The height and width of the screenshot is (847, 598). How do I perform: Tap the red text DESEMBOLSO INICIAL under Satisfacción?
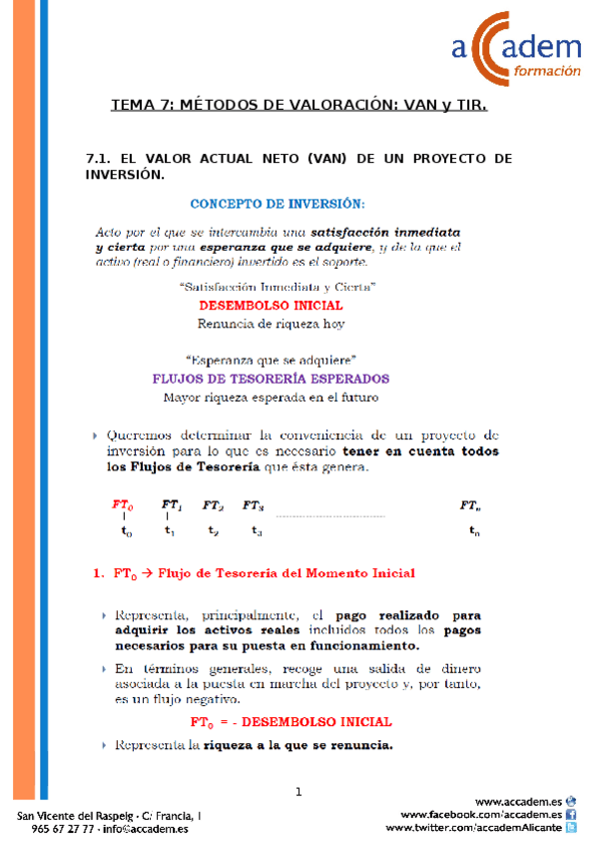[x=272, y=306]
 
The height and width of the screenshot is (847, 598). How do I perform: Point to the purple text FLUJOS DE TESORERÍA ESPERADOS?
[x=270, y=380]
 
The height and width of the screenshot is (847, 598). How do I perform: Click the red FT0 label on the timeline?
[x=123, y=506]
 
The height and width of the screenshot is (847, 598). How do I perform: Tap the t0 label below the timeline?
[x=126, y=532]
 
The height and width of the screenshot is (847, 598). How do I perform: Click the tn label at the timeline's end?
[x=474, y=532]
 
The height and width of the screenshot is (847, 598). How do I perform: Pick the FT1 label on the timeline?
[x=171, y=506]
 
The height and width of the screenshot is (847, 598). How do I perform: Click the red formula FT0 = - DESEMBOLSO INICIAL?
[x=291, y=722]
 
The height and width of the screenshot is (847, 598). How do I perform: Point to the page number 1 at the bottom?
[x=299, y=793]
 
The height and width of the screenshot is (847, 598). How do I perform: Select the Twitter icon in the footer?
[x=571, y=828]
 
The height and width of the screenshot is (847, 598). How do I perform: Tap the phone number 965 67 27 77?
[x=63, y=829]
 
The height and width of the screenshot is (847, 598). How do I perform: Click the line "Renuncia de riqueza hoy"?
[x=271, y=324]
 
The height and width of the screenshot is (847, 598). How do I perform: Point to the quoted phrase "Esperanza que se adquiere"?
[x=272, y=360]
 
